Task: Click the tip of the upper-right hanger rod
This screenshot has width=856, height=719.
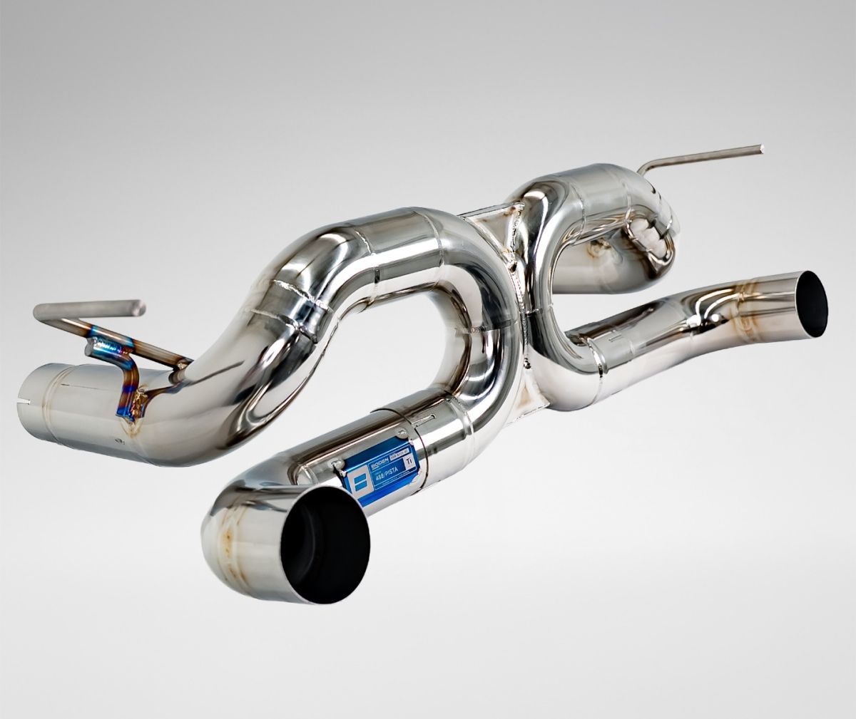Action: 760,150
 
